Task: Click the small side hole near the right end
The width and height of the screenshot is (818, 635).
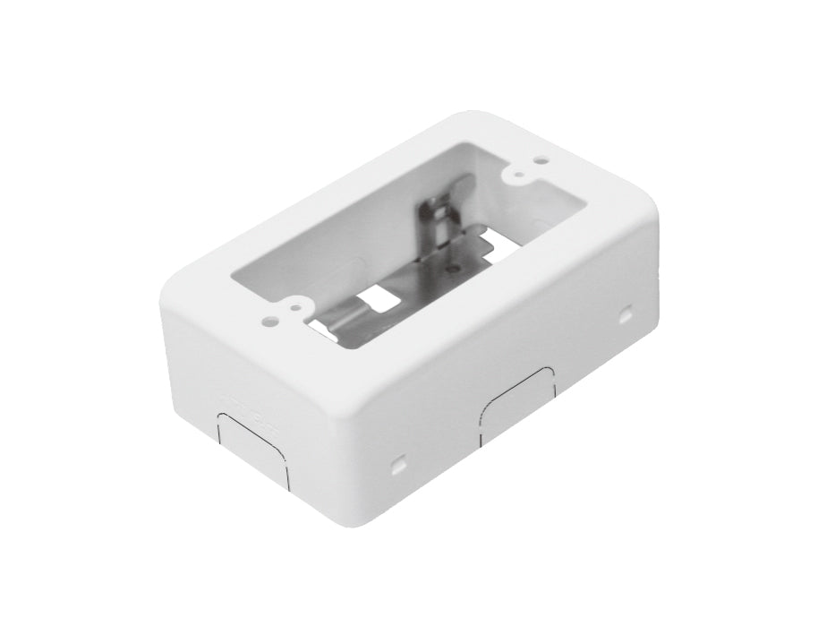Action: (x=626, y=315)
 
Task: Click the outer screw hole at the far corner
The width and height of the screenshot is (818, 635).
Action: (x=541, y=160)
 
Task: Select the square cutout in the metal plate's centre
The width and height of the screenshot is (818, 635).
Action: (x=379, y=298)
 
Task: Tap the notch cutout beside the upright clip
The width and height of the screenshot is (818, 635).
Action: (x=481, y=243)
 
